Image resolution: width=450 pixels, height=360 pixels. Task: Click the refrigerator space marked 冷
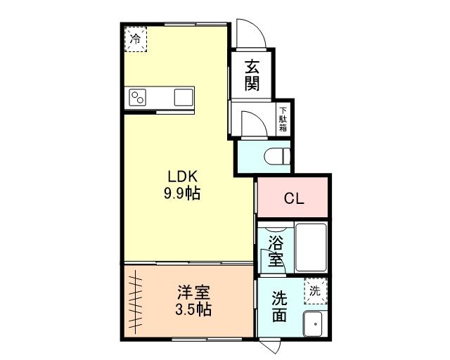click(x=136, y=39)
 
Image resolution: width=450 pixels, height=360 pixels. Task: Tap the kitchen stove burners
click(x=138, y=97)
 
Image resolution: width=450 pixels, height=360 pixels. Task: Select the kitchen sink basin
click(x=184, y=97)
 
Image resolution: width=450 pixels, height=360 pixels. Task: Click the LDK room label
click(x=183, y=176)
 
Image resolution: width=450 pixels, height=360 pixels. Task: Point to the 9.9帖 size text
click(x=182, y=193)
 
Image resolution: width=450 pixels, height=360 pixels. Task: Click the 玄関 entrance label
click(x=252, y=75)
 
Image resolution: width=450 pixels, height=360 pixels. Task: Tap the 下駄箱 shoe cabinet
click(x=283, y=119)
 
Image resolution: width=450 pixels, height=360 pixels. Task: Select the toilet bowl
click(x=277, y=157)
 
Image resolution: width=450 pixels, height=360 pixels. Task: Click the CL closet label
click(x=294, y=198)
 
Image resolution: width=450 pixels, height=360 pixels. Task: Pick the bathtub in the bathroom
click(x=311, y=247)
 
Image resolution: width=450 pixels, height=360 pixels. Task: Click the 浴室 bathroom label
click(x=276, y=251)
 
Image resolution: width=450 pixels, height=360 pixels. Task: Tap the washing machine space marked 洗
click(x=316, y=291)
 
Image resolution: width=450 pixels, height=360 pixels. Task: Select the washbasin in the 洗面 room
click(x=313, y=323)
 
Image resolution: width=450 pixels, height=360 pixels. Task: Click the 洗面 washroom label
click(x=279, y=307)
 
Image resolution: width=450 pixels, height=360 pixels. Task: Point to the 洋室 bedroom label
click(x=193, y=292)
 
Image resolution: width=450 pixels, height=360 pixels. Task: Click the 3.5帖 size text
click(x=193, y=310)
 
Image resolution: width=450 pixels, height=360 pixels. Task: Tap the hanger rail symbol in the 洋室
click(x=135, y=302)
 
